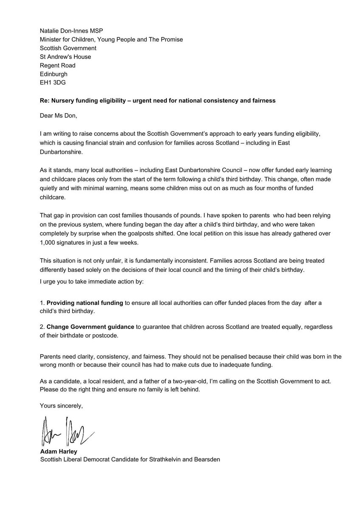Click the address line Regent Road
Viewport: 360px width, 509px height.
pos(58,65)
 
